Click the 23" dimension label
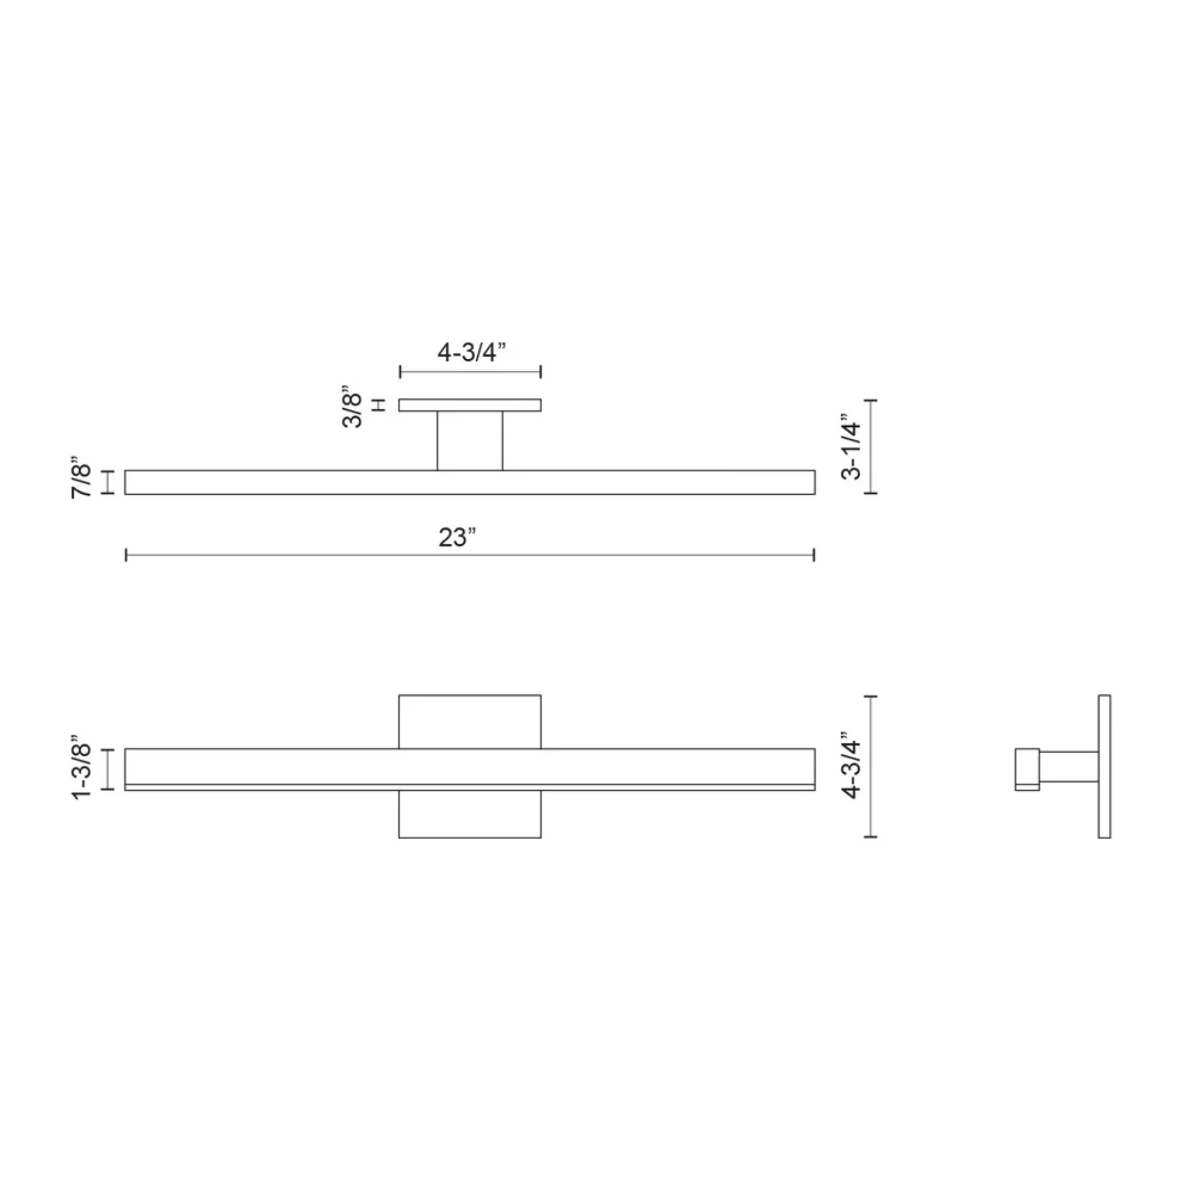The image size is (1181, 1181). tap(457, 538)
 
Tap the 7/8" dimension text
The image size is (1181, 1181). tap(81, 481)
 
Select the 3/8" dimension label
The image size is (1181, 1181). tap(353, 407)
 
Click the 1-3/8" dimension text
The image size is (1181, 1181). tap(81, 768)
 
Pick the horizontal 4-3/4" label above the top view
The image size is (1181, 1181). tap(471, 353)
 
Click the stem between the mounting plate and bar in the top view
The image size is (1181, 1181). tap(469, 441)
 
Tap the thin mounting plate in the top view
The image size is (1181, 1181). tap(469, 405)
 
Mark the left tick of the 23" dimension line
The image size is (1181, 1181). tap(126, 555)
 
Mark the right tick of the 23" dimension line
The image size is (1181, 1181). tap(814, 555)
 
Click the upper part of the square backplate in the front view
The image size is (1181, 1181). tap(469, 721)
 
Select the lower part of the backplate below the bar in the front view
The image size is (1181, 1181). tap(469, 814)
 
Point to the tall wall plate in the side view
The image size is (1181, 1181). tap(1104, 766)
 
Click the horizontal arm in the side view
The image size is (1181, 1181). tap(1069, 766)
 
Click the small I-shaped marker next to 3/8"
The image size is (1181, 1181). tap(379, 405)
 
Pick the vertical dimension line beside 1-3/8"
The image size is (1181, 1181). tap(108, 769)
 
